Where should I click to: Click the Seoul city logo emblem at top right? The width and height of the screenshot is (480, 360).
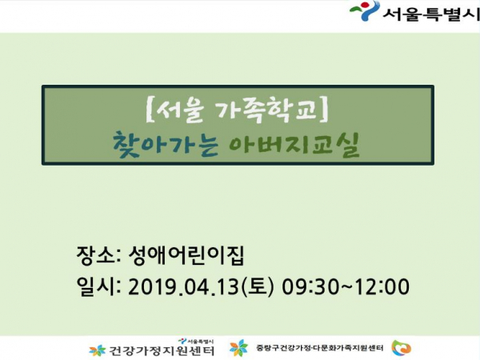click(x=364, y=11)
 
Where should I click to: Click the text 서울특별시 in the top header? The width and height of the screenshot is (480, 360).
click(x=431, y=14)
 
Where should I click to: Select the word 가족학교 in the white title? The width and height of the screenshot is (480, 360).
click(x=266, y=109)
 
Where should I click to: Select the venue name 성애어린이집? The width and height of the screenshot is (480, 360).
click(x=186, y=255)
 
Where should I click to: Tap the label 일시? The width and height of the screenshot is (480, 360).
click(x=99, y=286)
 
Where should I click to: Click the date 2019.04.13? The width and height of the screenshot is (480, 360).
click(x=183, y=287)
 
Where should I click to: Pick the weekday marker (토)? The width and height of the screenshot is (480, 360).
click(x=258, y=287)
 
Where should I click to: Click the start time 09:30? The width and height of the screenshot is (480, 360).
click(x=313, y=287)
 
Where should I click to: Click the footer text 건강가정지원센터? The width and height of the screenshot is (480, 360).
click(x=162, y=351)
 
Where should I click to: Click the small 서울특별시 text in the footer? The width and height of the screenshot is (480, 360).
click(x=200, y=341)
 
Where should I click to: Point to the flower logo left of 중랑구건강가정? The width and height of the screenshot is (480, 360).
click(x=238, y=348)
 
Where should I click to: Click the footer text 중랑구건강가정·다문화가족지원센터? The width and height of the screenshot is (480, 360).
click(x=319, y=348)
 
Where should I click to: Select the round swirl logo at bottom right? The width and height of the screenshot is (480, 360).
click(x=402, y=348)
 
